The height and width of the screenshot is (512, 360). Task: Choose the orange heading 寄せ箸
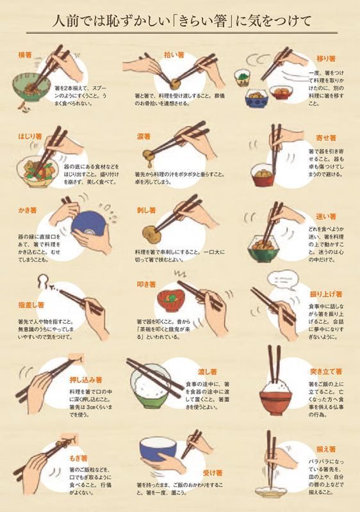coord(326,138)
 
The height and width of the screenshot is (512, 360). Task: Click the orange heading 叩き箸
coord(144,284)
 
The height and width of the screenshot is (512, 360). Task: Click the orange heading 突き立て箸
coord(326,372)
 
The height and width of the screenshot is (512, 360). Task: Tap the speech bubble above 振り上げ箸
coord(282,278)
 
